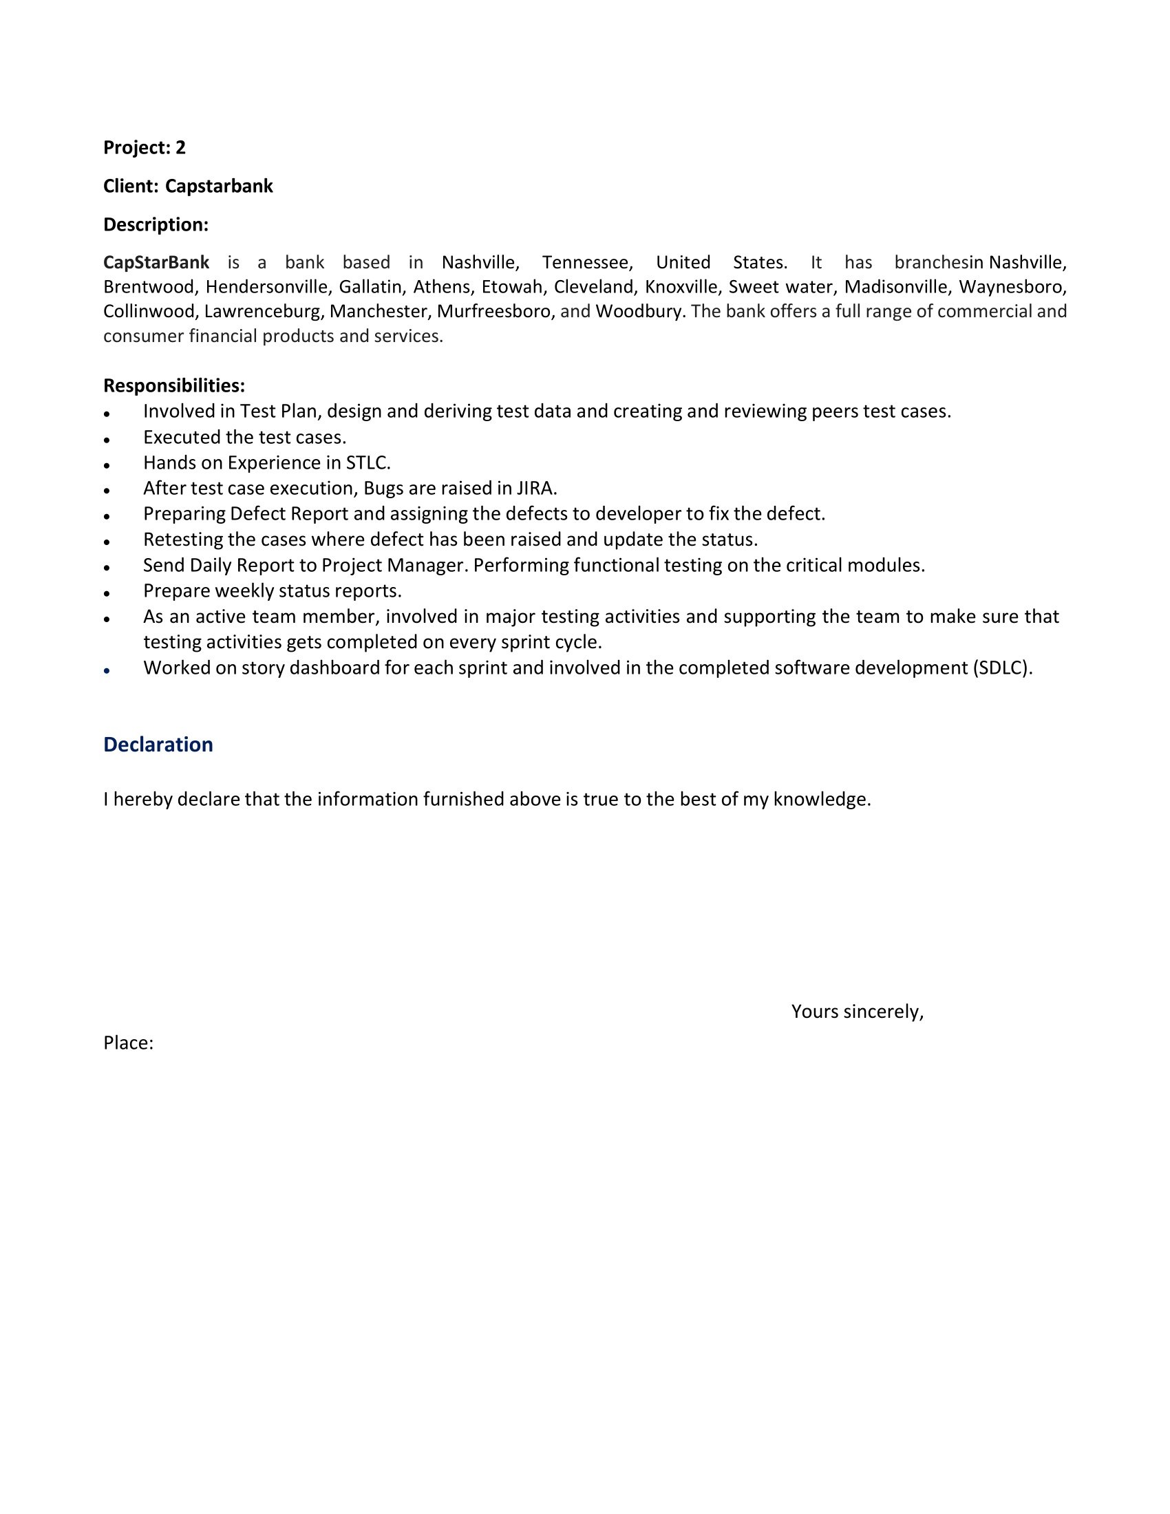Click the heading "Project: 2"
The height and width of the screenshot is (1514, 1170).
coord(144,148)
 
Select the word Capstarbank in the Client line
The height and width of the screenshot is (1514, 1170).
coord(218,186)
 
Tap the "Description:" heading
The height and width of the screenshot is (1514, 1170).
coord(156,224)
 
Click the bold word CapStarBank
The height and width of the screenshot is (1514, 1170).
coord(156,262)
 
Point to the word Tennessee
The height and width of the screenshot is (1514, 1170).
coord(586,262)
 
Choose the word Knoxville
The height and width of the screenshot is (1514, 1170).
coord(681,287)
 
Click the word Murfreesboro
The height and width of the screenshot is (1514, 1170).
coord(493,311)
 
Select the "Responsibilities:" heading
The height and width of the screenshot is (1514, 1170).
coord(174,385)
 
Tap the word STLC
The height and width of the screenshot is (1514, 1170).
coord(368,462)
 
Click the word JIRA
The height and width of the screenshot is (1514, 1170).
coord(537,488)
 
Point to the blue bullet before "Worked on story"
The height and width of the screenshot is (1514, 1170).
coord(107,671)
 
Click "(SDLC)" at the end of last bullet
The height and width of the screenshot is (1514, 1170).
coord(1002,668)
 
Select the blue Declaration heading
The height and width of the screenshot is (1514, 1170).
coord(158,744)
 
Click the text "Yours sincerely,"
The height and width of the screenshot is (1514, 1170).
coord(858,1012)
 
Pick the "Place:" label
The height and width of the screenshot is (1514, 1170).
coord(128,1043)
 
